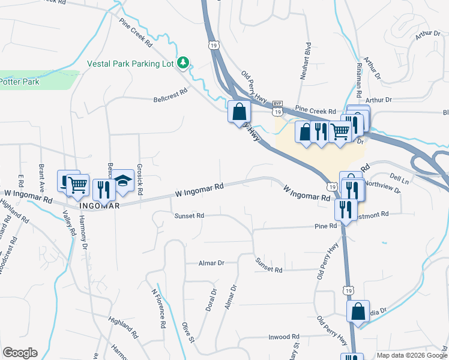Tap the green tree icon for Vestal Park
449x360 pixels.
(185, 62)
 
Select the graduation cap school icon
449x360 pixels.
(123, 181)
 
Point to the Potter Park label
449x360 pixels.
(19, 82)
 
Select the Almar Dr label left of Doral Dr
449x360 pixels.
(211, 263)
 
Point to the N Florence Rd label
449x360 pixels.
(158, 309)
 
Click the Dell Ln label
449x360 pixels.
(399, 178)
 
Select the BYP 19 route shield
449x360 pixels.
(277, 109)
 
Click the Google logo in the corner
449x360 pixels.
(20, 353)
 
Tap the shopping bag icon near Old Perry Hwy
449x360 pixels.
(239, 111)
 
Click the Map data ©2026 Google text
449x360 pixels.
(411, 355)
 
